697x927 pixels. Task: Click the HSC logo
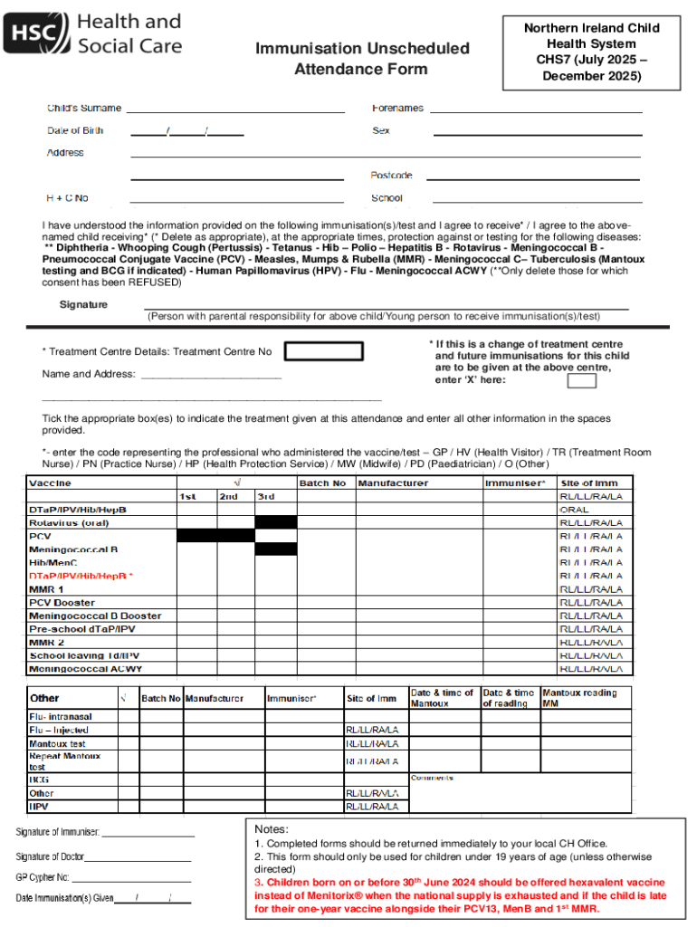click(95, 33)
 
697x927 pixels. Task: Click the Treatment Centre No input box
click(324, 351)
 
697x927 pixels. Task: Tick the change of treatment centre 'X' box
click(581, 380)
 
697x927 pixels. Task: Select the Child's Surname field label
click(84, 108)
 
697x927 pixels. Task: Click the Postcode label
click(391, 175)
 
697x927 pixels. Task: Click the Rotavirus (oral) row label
click(69, 522)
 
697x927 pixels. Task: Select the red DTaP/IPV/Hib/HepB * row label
click(81, 576)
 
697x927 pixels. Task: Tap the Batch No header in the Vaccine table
click(322, 483)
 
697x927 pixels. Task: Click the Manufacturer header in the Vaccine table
click(393, 483)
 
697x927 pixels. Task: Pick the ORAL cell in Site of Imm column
click(574, 510)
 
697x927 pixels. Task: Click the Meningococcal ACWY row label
click(85, 669)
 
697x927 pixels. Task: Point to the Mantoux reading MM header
click(579, 698)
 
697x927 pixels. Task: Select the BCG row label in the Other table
click(39, 779)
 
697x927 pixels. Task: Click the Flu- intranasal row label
click(61, 716)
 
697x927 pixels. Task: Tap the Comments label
click(432, 778)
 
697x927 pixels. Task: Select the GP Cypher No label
click(43, 877)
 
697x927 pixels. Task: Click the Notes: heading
click(272, 829)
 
